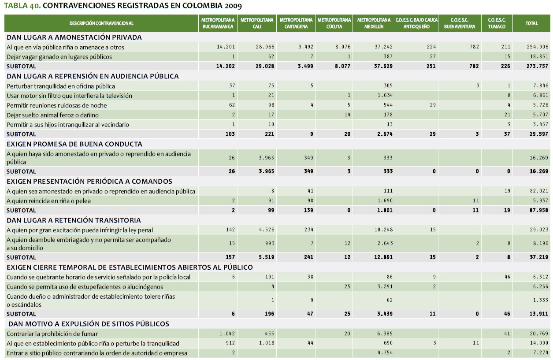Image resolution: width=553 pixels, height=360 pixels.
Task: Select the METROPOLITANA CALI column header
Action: (257, 23)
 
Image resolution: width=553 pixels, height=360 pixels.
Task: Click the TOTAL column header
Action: (531, 23)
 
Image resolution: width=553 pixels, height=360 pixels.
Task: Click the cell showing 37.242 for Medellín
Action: (384, 47)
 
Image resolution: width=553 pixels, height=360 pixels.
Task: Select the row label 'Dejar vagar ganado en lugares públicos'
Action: (59, 56)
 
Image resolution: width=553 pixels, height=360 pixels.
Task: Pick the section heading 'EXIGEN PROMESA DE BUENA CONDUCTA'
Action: (74, 144)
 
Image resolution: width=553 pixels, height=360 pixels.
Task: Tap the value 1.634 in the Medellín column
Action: (385, 95)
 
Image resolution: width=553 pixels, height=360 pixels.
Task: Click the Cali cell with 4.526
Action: (266, 230)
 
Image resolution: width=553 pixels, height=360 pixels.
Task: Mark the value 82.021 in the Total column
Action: (539, 191)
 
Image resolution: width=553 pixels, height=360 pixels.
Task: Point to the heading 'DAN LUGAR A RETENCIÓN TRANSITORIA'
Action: (74, 220)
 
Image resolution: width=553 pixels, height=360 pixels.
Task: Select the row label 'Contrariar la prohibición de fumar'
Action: (52, 334)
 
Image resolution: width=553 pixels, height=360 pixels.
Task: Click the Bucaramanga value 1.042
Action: (227, 334)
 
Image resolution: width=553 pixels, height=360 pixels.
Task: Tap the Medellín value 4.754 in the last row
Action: (385, 353)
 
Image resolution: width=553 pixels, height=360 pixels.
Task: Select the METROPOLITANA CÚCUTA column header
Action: (334, 23)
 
